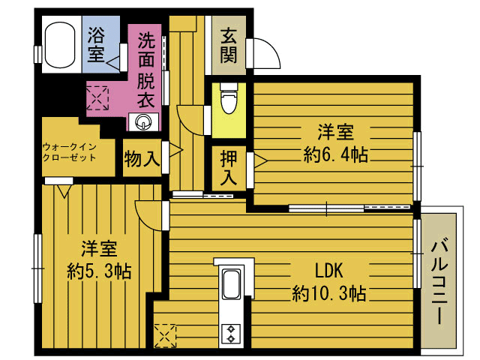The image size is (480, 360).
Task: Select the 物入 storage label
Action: tap(142, 159)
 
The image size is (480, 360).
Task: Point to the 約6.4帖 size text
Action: tap(335, 155)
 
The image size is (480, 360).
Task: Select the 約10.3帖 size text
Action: tap(329, 293)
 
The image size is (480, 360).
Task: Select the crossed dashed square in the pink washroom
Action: tap(97, 97)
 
